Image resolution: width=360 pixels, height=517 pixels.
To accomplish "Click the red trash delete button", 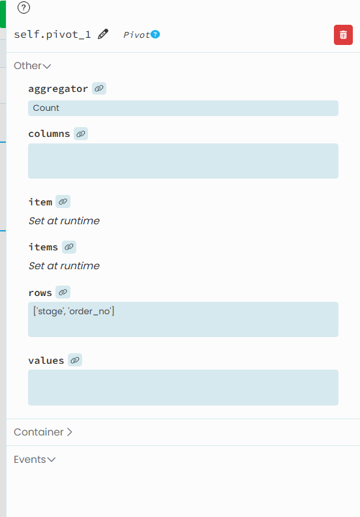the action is tap(343, 35).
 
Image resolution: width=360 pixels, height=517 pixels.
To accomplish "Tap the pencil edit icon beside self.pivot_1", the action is tap(103, 34).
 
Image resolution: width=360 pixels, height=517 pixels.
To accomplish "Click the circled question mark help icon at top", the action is tap(23, 8).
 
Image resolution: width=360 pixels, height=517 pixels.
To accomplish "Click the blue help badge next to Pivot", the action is tap(155, 35).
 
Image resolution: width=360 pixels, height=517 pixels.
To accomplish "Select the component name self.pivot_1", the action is tap(52, 35).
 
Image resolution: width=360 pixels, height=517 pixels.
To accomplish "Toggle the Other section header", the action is tap(33, 66).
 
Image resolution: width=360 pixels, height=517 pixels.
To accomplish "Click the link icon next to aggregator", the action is tap(99, 89).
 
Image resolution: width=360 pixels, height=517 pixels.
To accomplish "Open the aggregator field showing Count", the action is tap(183, 108).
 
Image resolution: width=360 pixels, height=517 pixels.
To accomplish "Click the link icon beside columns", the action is tap(81, 134).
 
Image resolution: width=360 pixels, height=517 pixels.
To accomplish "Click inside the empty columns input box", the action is tap(183, 161).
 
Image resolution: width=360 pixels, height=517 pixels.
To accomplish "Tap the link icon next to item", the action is tap(63, 201).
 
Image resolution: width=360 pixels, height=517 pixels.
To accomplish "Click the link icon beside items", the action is tap(69, 247).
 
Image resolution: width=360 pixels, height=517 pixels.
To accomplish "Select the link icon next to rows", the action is tap(63, 292).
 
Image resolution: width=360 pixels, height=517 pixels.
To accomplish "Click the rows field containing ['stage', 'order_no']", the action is tap(183, 319).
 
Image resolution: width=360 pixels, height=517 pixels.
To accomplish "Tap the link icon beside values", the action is tap(75, 360).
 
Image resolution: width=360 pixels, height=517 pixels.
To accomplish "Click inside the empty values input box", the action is tap(183, 387).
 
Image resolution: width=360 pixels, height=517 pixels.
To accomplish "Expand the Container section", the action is tap(43, 432).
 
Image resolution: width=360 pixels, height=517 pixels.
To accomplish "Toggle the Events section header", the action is tap(35, 459).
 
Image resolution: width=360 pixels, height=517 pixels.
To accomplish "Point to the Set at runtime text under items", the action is tap(64, 266).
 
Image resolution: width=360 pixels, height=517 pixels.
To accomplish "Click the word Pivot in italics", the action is tap(136, 35).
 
